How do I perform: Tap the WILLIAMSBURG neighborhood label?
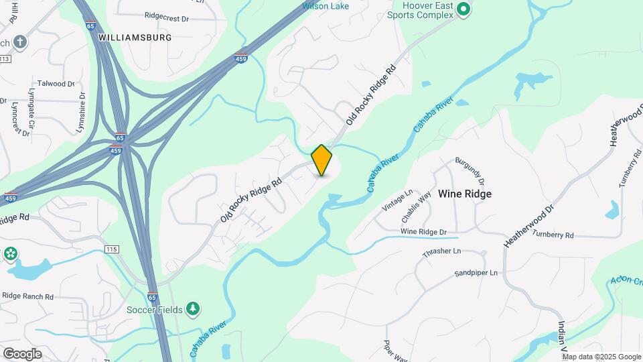[135, 38]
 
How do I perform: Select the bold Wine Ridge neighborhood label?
[465, 194]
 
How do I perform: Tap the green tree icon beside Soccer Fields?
[193, 308]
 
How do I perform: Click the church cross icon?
[20, 42]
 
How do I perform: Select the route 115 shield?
[112, 249]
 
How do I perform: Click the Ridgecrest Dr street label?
[167, 15]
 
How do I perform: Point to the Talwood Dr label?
[56, 84]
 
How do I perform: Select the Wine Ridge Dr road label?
[423, 232]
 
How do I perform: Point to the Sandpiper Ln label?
[476, 273]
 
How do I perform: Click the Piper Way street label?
[396, 351]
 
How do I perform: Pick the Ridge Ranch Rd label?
[27, 296]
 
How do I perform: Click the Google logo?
[22, 353]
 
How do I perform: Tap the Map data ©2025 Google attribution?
[601, 357]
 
